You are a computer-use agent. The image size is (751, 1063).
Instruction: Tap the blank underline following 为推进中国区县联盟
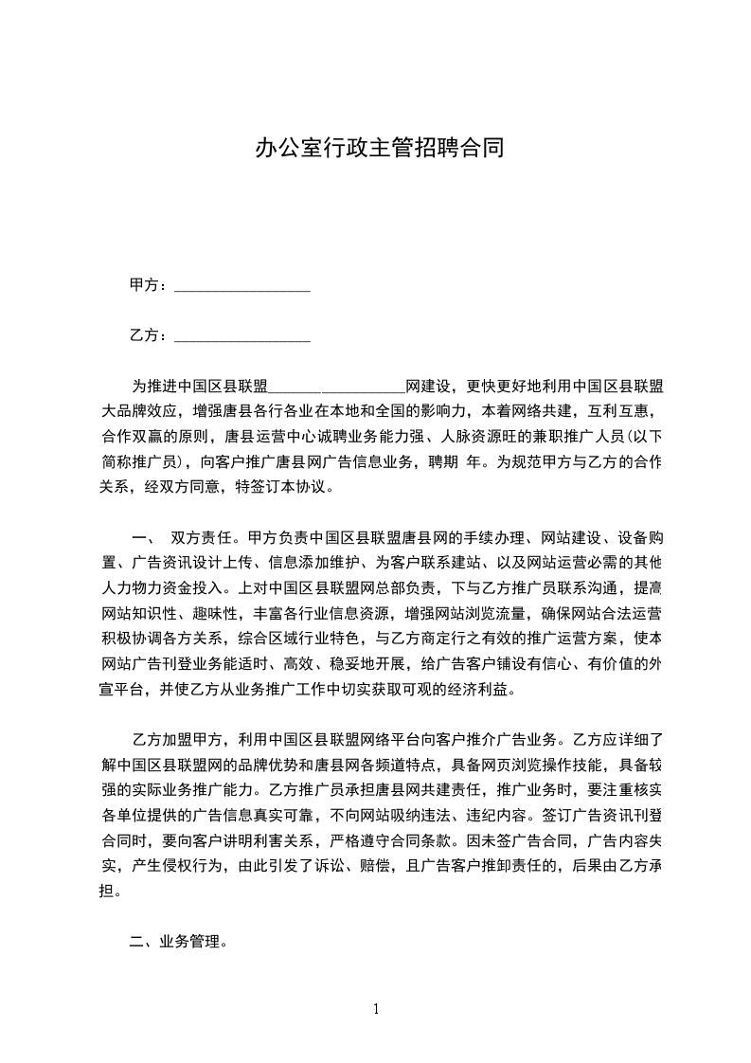click(337, 387)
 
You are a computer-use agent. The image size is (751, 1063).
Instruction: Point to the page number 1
click(376, 1008)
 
